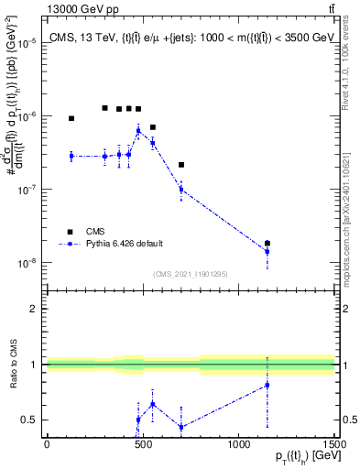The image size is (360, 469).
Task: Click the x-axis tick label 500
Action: coord(143,444)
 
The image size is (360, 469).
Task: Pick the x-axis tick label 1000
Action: coord(238,444)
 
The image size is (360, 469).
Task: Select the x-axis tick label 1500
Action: coord(334,444)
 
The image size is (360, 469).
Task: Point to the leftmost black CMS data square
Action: coord(71,118)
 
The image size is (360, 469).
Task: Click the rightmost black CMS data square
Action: coord(267,244)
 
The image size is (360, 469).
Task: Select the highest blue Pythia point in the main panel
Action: coord(138,131)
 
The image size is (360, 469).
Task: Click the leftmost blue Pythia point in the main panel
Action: coord(71,156)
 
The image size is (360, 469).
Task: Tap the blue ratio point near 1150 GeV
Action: coord(267,385)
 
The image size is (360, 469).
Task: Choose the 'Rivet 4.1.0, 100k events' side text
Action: coord(351,64)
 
